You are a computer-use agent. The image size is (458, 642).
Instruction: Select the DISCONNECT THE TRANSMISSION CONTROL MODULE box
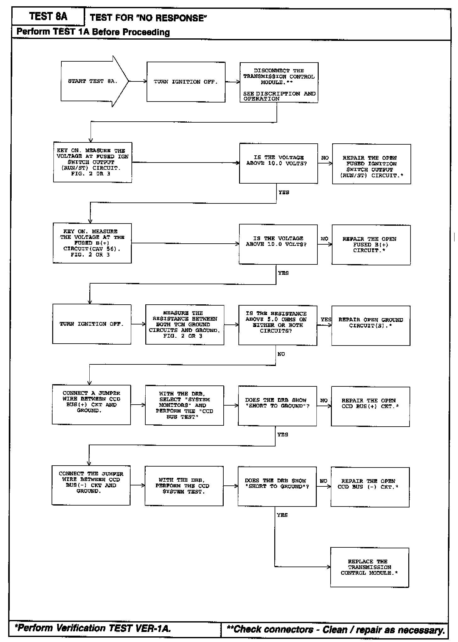279,82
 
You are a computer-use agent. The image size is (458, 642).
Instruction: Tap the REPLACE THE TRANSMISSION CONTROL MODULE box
370,567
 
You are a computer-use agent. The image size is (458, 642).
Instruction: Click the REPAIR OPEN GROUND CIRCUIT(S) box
371,325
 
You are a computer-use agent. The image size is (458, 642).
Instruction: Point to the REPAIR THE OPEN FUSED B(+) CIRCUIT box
371,245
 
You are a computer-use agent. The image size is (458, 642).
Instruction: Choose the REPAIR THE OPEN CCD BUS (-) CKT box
370,487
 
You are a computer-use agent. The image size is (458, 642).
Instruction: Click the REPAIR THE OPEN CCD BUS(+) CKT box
370,406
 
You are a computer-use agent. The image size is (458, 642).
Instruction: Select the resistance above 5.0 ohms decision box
278,325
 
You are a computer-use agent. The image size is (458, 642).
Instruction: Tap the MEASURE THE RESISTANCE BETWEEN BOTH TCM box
185,325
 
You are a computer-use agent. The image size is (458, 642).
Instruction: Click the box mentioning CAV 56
92,243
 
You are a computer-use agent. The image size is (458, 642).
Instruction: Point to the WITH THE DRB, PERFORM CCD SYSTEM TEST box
184,486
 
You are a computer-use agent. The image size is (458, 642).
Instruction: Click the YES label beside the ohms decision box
326,319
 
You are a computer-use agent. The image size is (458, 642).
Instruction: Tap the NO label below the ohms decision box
281,354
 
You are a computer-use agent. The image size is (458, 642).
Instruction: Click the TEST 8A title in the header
48,16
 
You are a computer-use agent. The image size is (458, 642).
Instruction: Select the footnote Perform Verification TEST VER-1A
93,628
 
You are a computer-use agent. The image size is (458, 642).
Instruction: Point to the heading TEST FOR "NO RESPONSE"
148,18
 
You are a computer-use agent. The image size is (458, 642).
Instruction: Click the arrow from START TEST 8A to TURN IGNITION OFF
137,81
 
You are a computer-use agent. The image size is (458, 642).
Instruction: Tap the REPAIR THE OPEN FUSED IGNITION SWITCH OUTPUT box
371,164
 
